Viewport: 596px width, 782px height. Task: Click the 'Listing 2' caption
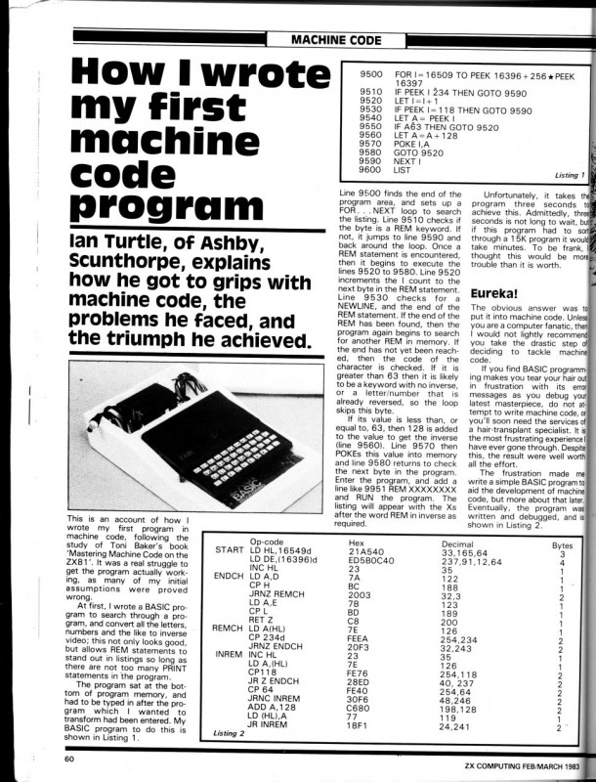coord(233,732)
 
